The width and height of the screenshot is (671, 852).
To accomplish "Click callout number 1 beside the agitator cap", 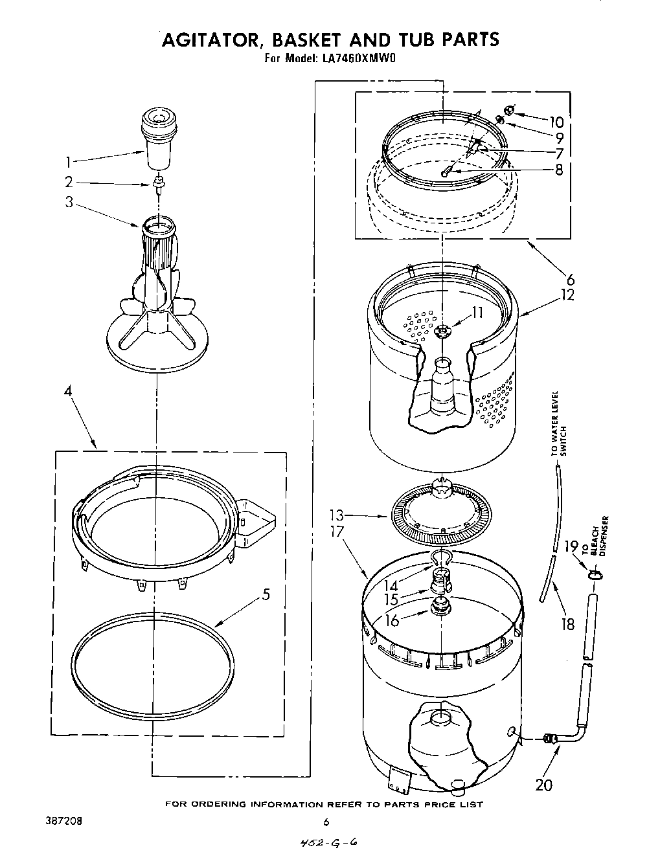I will [x=69, y=162].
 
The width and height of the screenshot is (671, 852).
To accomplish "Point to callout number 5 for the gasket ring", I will [x=266, y=594].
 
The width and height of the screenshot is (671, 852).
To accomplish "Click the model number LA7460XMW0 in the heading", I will [x=357, y=58].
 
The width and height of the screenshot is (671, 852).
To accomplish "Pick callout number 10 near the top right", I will [x=556, y=122].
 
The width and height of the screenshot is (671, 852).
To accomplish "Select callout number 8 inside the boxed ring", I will [x=558, y=170].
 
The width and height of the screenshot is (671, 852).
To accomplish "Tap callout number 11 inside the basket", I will [x=477, y=313].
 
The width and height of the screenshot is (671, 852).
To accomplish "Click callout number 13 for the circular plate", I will [x=337, y=517].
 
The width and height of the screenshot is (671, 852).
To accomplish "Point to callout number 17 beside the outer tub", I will [x=337, y=532].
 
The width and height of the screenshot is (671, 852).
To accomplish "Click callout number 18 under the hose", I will [x=567, y=624].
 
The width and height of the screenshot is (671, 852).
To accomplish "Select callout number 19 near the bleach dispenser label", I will [x=570, y=548].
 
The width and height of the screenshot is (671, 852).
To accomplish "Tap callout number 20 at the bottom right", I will [x=544, y=785].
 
